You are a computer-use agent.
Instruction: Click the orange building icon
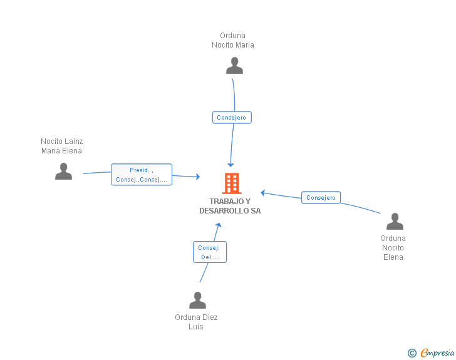click(232, 183)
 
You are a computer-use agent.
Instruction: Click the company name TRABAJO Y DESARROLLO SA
click(230, 206)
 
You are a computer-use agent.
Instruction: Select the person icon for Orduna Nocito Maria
click(234, 66)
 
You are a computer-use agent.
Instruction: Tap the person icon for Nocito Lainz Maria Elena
click(63, 172)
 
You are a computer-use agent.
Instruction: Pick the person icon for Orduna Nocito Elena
click(395, 221)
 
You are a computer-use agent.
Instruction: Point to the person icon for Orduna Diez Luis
click(197, 300)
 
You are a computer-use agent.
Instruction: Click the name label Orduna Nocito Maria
click(232, 40)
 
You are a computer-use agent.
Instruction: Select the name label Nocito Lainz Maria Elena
click(61, 146)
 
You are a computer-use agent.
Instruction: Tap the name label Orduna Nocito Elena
click(393, 248)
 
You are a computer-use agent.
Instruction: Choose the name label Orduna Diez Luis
click(196, 322)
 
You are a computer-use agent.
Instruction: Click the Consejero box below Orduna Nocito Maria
click(232, 118)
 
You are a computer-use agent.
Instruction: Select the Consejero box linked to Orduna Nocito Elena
click(321, 198)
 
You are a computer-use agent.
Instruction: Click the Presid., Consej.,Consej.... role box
click(142, 175)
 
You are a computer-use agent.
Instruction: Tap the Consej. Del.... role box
click(210, 252)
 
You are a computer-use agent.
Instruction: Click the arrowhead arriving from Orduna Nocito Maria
click(231, 165)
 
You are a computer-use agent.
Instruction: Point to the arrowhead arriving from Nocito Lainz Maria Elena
click(198, 177)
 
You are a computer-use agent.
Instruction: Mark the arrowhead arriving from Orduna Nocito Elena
click(262, 192)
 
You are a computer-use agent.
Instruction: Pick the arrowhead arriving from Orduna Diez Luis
click(219, 225)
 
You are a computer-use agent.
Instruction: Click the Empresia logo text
click(437, 352)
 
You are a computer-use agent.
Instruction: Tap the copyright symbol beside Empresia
click(412, 353)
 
